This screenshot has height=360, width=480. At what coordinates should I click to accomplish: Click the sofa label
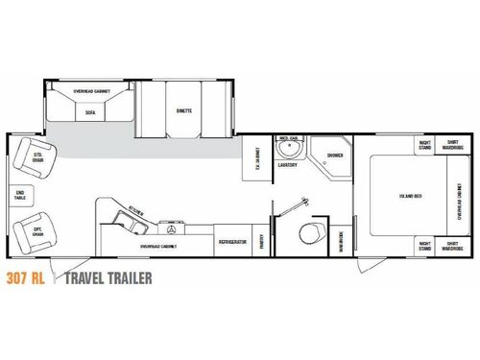(x=89, y=111)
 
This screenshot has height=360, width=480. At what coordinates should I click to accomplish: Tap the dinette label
(x=184, y=111)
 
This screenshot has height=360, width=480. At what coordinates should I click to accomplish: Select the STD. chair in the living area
(x=36, y=156)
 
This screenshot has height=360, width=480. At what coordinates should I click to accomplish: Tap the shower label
(x=334, y=155)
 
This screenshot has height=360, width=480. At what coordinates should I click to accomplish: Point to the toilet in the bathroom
(x=309, y=233)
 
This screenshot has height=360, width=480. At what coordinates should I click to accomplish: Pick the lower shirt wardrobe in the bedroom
(x=453, y=247)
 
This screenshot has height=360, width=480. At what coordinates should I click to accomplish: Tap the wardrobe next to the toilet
(x=342, y=241)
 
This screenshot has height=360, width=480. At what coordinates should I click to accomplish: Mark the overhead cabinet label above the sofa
(x=90, y=92)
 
